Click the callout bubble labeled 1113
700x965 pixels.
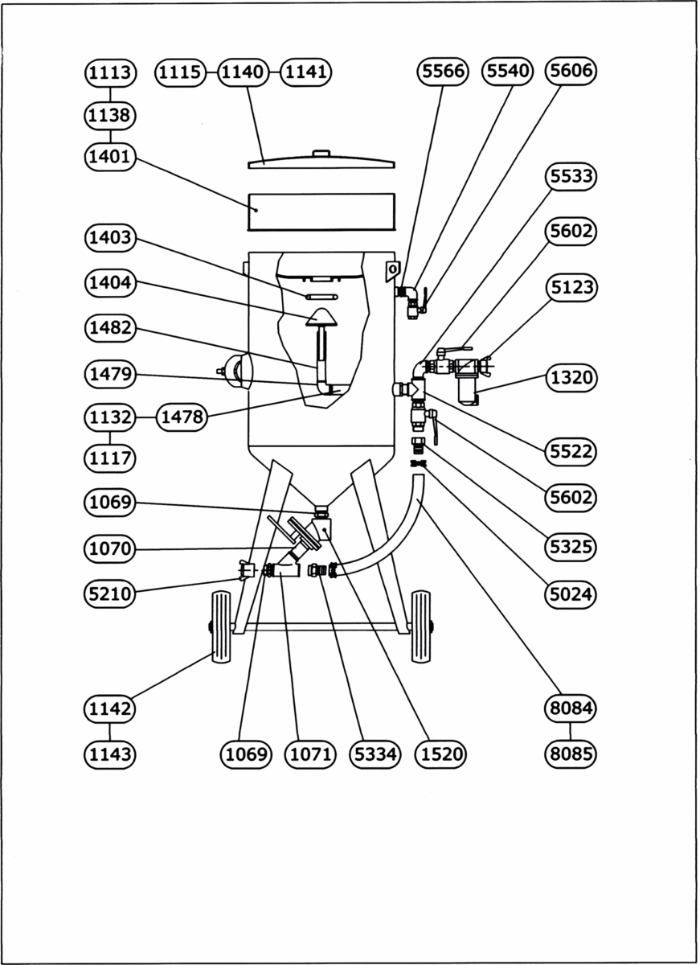click(109, 72)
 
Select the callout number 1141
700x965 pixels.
click(306, 72)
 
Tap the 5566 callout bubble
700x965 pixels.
click(442, 72)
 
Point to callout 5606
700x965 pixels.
click(570, 72)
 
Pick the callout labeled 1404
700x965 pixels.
click(110, 283)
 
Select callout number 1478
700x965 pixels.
click(181, 417)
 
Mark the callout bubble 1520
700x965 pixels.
click(440, 754)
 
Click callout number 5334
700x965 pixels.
click(375, 754)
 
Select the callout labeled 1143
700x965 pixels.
click(109, 754)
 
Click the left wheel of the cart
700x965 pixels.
click(219, 627)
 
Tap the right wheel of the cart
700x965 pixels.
click(420, 627)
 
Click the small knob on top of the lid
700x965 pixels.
click(321, 153)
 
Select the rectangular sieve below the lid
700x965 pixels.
click(321, 211)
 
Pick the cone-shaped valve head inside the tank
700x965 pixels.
click(321, 316)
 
